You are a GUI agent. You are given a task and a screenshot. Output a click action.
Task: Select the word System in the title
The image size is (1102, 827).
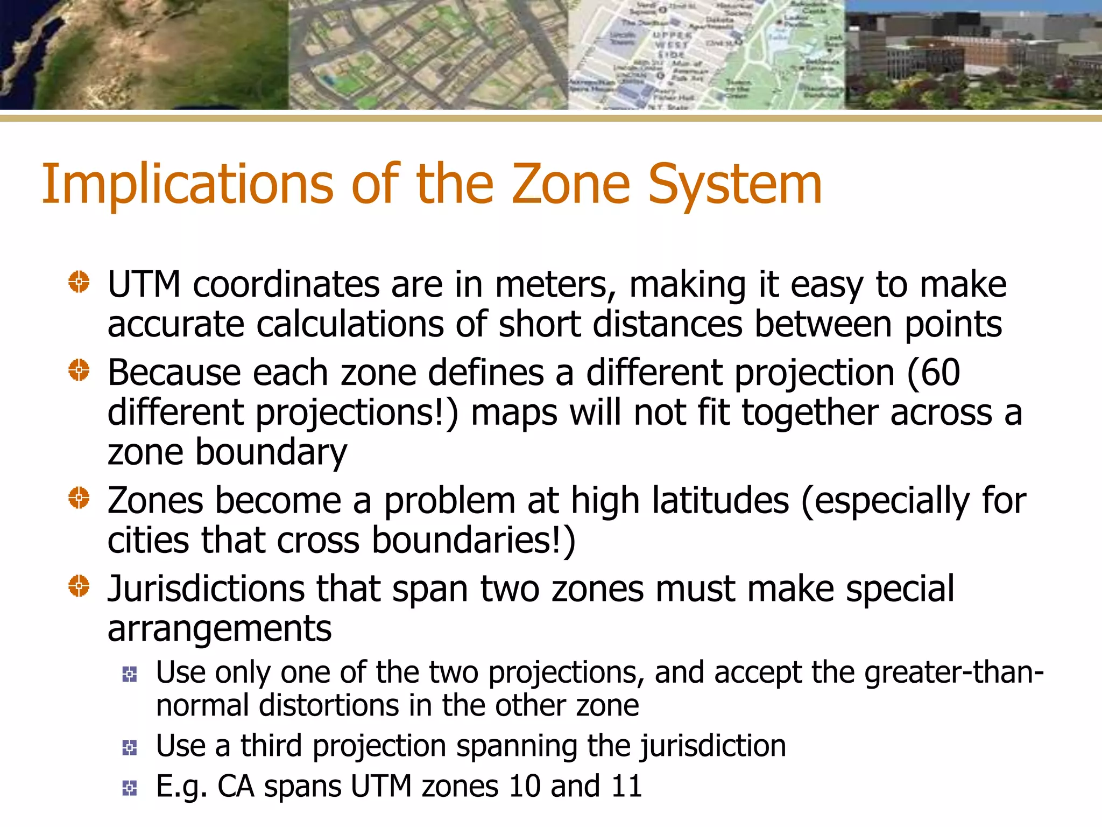[735, 185]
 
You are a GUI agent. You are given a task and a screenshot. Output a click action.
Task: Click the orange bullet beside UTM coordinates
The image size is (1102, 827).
[79, 282]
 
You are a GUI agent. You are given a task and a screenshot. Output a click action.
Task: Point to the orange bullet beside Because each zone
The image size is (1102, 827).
[79, 370]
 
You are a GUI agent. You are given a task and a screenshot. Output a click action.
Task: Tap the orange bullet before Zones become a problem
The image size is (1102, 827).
[79, 497]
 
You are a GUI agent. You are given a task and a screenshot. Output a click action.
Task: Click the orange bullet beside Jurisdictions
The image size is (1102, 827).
[79, 586]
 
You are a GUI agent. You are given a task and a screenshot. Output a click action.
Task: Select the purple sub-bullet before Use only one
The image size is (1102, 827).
[130, 674]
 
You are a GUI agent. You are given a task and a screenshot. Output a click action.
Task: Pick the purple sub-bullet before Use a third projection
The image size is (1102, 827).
[130, 747]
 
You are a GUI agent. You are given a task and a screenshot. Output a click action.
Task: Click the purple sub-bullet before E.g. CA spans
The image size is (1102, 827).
[130, 788]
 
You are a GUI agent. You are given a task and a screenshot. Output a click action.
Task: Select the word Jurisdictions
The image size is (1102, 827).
[206, 589]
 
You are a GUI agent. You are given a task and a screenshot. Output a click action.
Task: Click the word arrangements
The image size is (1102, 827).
[220, 629]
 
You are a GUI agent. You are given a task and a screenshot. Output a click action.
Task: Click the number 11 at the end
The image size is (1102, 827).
[627, 787]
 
